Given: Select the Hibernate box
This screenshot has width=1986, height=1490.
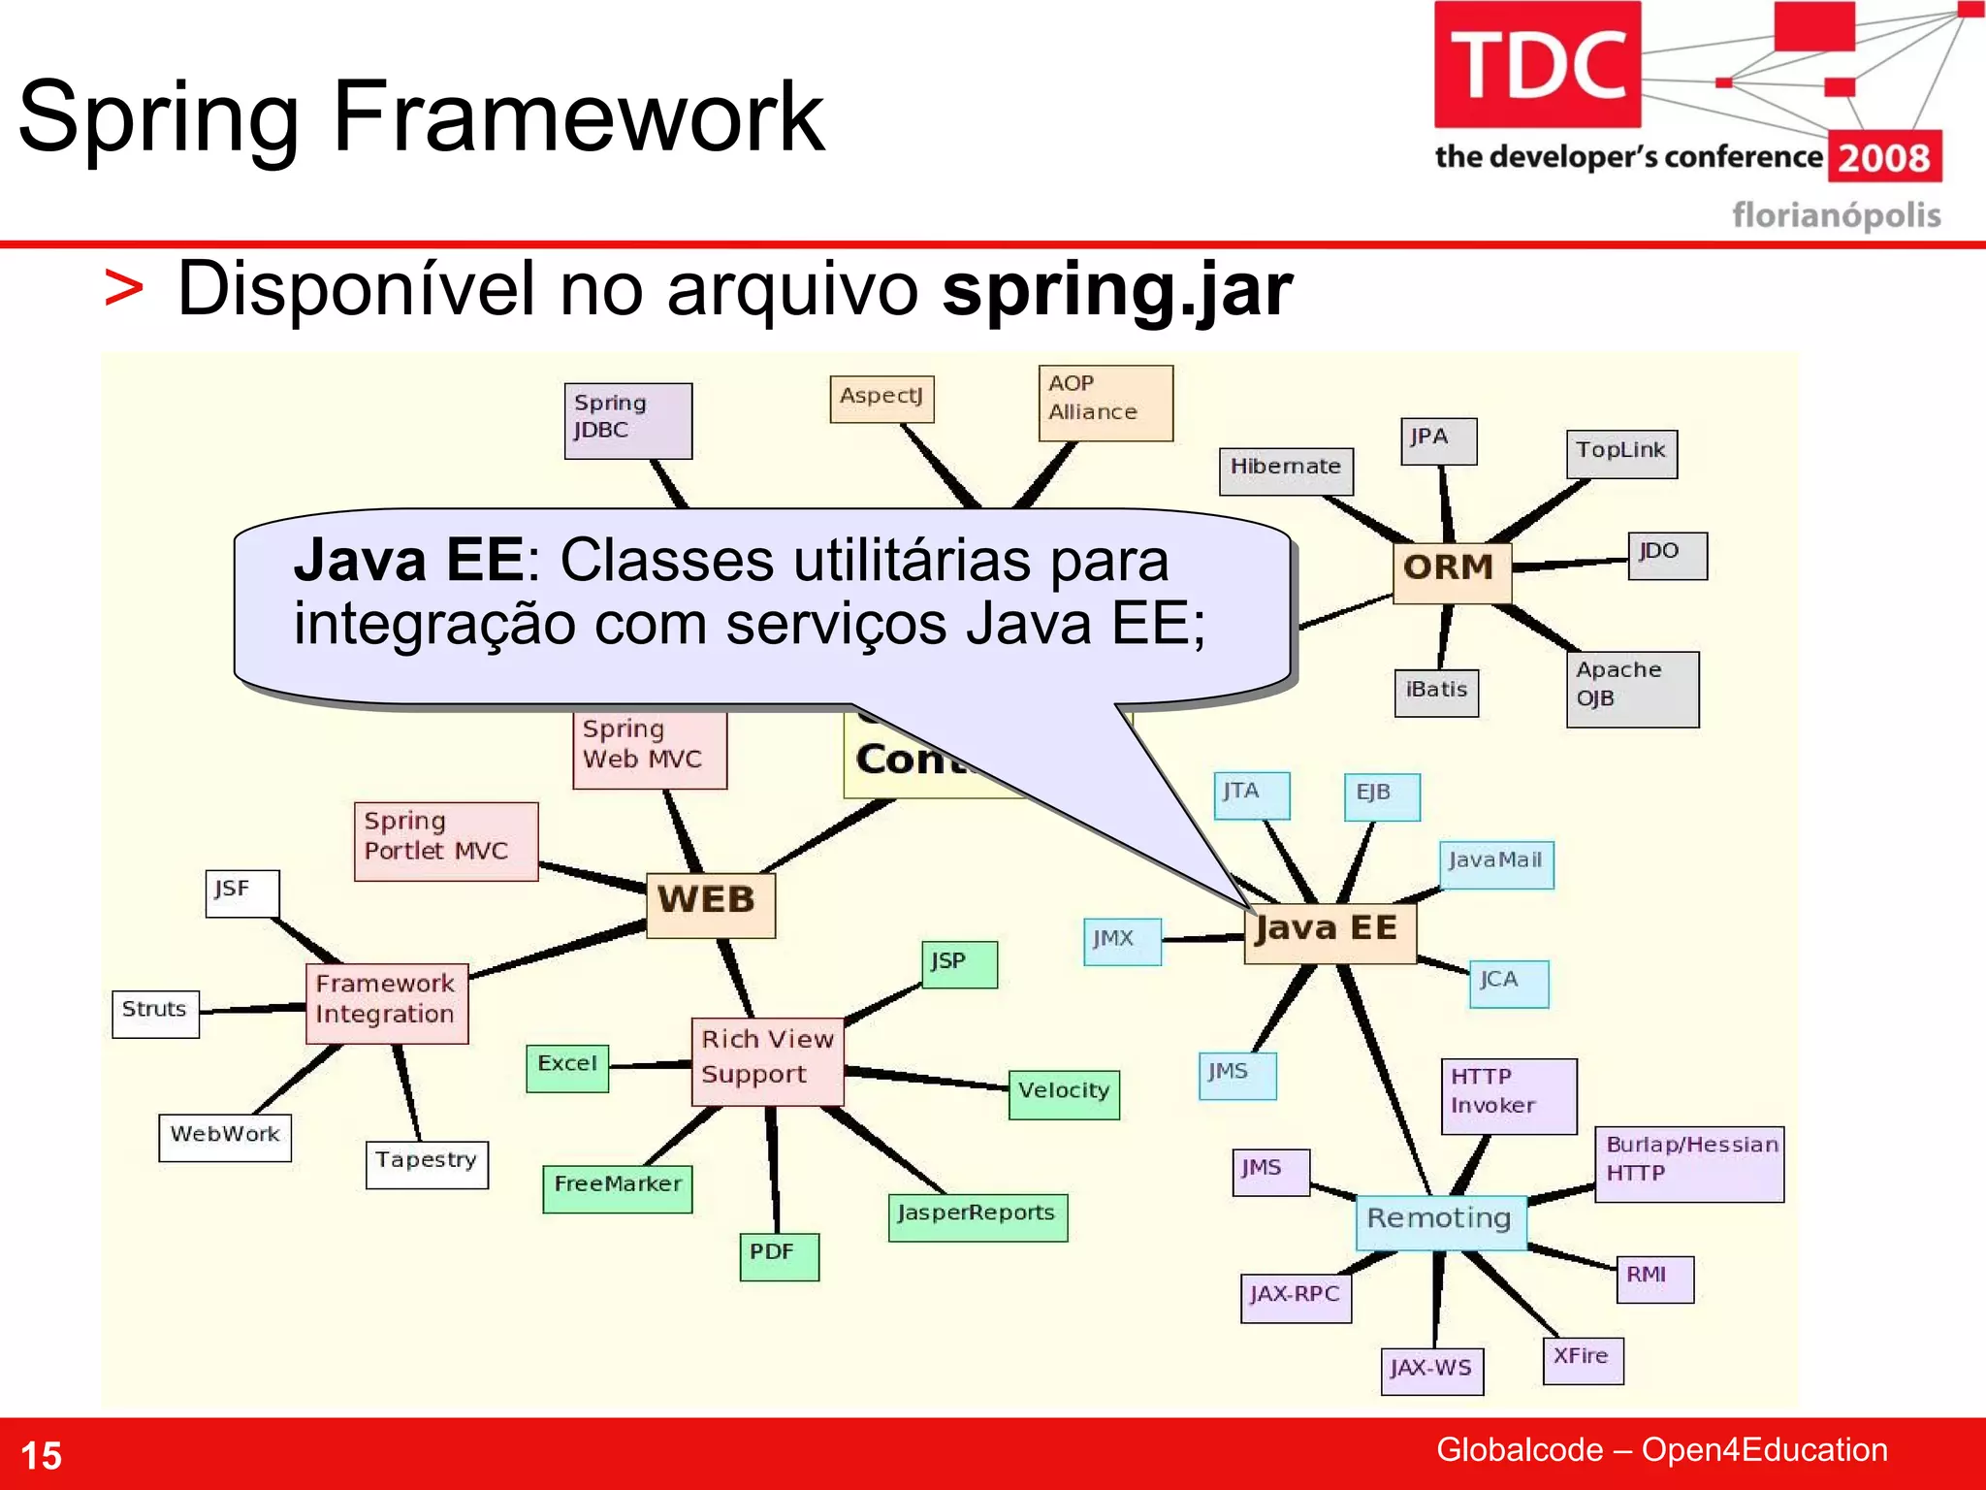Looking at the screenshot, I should click(x=1285, y=470).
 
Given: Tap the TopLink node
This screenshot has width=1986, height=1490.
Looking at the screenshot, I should click(x=1620, y=453).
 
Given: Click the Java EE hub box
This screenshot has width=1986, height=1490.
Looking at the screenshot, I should click(x=1329, y=932).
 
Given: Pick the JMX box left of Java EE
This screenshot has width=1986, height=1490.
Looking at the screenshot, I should click(x=1121, y=941).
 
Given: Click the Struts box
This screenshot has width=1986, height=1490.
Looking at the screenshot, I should click(x=155, y=1014).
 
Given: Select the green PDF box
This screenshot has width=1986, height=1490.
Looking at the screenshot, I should click(x=779, y=1256).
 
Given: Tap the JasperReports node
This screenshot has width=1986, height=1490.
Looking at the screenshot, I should click(x=977, y=1216).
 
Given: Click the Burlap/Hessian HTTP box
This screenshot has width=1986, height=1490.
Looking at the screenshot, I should click(x=1688, y=1163).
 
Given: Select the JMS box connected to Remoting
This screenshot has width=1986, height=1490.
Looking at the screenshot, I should click(x=1270, y=1172).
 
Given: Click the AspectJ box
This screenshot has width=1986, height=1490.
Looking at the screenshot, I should click(x=881, y=399).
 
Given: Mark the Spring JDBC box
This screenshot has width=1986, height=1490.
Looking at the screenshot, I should click(x=627, y=420).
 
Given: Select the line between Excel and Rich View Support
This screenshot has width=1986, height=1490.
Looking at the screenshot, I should click(x=650, y=1065).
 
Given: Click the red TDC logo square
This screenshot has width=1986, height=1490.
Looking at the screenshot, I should click(x=1537, y=65).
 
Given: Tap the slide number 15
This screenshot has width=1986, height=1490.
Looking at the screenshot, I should click(x=41, y=1455).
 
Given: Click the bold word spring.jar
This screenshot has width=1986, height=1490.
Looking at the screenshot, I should click(x=1117, y=290).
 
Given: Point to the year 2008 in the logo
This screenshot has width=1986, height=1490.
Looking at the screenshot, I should click(x=1884, y=158).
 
